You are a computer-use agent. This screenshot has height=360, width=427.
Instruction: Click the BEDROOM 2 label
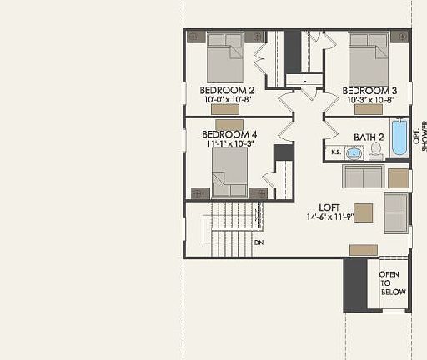pos(227,90)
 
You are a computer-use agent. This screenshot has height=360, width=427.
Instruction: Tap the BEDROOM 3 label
pos(369,90)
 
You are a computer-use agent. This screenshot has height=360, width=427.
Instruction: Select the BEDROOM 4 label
pos(229,133)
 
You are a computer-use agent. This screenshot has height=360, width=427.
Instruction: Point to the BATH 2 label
pos(369,137)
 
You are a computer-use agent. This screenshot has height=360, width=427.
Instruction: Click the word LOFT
pos(330,207)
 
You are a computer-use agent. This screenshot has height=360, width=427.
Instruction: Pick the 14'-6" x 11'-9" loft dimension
pos(331,217)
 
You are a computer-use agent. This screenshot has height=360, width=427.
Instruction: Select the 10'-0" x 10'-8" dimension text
pos(228,99)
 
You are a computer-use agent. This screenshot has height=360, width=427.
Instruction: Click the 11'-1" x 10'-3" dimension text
pos(229,142)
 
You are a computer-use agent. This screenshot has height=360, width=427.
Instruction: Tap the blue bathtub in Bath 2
pos(399,137)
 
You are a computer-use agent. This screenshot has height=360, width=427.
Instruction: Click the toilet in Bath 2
pos(376,151)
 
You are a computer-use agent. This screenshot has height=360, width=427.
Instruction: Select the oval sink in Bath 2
pos(354,152)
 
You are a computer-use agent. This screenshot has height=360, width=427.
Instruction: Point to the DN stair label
pos(259,242)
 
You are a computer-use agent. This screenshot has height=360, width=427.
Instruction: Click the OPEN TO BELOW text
pos(393,283)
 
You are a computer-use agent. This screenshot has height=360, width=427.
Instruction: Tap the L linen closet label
pos(304,79)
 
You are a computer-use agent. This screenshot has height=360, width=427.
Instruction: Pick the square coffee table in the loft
pos(363,212)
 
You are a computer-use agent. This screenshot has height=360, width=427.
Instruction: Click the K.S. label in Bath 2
pos(336,152)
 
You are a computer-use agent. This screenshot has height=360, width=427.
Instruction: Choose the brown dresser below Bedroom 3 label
pos(368,109)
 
